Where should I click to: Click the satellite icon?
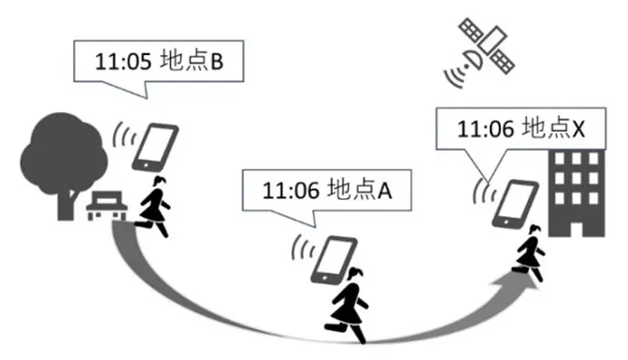tap(487, 46)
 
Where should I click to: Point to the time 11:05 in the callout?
tap(121, 64)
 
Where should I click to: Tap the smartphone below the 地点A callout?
tap(332, 258)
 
